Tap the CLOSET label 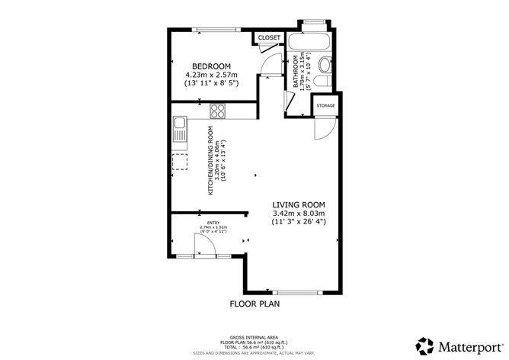click(268, 37)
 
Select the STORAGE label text click(325, 106)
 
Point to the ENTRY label click(213, 222)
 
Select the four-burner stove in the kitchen click(217, 110)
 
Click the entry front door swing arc click(203, 244)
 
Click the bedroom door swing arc click(270, 67)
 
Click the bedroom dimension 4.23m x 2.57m click(212, 76)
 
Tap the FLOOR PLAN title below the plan click(254, 304)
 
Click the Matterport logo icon click(422, 343)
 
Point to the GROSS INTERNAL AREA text click(254, 336)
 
